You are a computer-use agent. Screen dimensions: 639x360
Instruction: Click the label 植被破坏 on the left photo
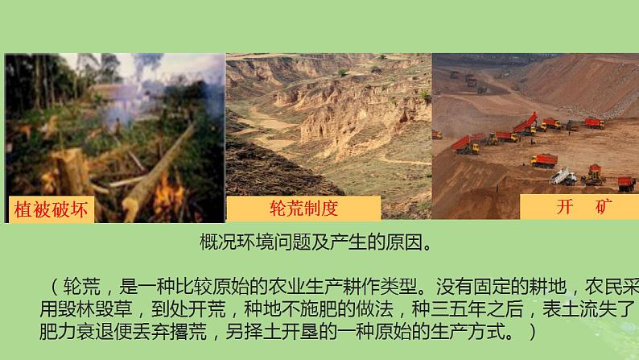pos(51,209)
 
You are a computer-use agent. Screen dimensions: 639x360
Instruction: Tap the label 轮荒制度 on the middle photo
pos(303,208)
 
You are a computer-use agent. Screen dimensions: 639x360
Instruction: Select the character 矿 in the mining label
pos(604,207)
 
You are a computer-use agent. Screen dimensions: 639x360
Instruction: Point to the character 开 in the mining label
pos(564,207)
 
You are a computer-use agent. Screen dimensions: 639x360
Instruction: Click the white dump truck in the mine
pos(563,177)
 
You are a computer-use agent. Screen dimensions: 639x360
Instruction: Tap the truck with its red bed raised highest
pos(526,124)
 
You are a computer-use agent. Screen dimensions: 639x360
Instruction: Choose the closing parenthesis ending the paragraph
pos(532,332)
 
